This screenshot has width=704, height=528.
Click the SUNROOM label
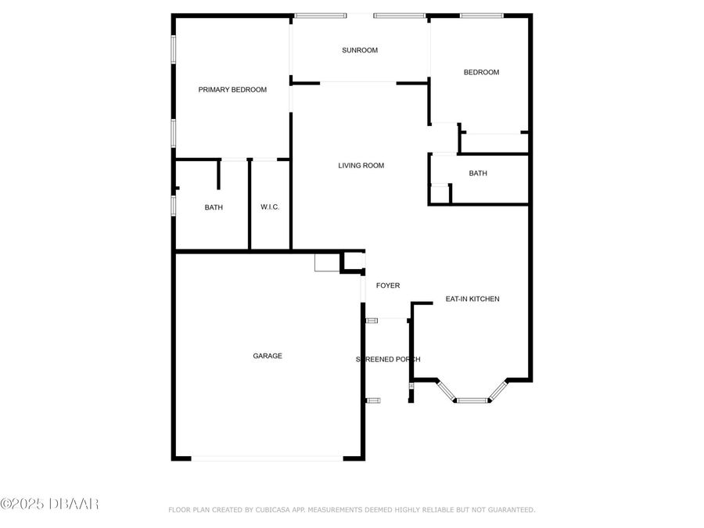[x=360, y=50]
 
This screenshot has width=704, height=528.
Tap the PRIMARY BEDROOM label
[x=232, y=90]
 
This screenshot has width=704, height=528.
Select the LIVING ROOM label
[x=361, y=166]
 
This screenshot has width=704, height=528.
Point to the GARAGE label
[x=268, y=356]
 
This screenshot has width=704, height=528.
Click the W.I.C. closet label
[x=270, y=207]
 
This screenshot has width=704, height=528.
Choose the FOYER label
[x=388, y=286]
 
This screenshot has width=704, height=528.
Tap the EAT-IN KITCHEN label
[x=472, y=299]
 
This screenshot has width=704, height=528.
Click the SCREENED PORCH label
[x=389, y=359]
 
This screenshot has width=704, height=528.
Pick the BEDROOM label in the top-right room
[x=481, y=73]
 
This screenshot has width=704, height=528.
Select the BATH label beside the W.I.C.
[x=214, y=207]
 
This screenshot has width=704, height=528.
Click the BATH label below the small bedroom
[x=478, y=174]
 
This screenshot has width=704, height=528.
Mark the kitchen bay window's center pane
[x=472, y=400]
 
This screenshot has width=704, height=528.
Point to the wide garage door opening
[x=267, y=458]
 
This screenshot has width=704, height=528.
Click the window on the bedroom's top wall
[x=481, y=15]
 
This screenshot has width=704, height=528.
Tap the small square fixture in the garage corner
[x=326, y=263]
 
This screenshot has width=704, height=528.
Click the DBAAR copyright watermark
[x=49, y=504]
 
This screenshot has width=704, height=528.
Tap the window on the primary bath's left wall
[x=174, y=205]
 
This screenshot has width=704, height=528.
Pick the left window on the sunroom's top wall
[x=321, y=15]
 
